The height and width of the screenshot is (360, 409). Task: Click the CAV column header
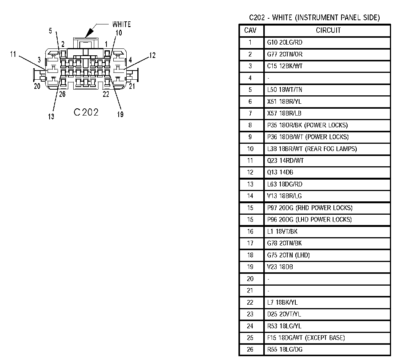point(250,31)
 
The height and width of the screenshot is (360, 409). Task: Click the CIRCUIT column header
point(328,31)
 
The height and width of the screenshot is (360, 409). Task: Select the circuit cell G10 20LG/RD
point(285,42)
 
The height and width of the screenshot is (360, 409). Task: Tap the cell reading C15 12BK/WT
point(285,66)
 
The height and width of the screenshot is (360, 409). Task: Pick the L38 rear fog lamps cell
point(312,149)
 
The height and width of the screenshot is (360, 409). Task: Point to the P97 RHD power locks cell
point(310,208)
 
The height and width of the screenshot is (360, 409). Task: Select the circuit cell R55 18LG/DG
point(285,349)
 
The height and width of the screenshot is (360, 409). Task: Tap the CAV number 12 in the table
point(250,172)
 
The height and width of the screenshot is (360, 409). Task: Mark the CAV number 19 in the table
point(250,267)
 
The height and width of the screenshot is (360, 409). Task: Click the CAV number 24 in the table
point(250,326)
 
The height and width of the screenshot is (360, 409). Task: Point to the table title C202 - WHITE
point(314,18)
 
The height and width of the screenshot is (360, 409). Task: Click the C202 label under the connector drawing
point(86,112)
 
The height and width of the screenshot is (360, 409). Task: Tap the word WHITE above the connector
point(121,24)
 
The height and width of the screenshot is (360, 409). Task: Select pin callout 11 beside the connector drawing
point(13,55)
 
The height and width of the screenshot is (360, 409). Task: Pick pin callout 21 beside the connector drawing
point(132,87)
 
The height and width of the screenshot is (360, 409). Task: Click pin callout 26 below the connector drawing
point(62,95)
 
